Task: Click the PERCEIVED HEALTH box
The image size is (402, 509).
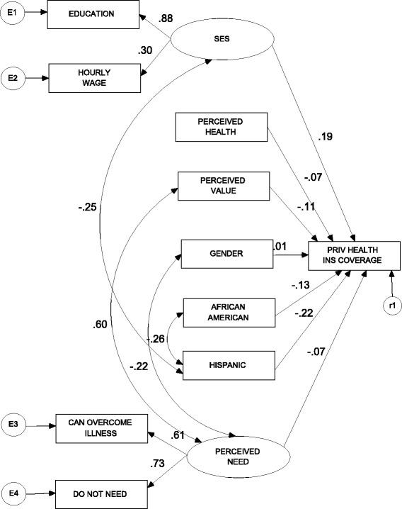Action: pyautogui.click(x=222, y=127)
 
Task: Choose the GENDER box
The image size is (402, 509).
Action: pyautogui.click(x=226, y=253)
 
